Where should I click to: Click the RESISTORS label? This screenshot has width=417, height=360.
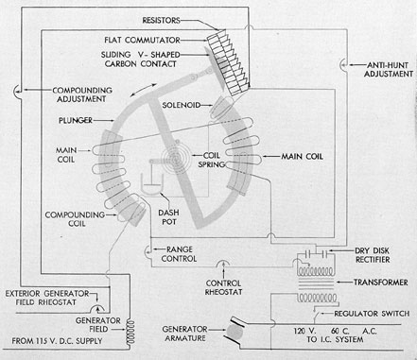[161, 21]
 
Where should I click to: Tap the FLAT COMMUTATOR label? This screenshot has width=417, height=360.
[142, 41]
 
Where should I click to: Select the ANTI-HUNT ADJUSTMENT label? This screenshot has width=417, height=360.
[389, 70]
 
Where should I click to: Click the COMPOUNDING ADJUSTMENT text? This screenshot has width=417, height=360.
[82, 94]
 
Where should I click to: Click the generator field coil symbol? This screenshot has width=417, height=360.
[130, 333]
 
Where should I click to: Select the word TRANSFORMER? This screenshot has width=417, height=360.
[381, 283]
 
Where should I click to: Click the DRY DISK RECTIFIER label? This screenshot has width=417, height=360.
[373, 255]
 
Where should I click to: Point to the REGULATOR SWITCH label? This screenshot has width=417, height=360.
[372, 314]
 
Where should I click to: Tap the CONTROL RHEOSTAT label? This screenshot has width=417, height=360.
[223, 287]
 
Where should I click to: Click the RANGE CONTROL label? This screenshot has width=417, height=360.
[179, 254]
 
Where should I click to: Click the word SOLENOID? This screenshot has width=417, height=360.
[182, 105]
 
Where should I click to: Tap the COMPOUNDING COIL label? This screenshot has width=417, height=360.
[75, 219]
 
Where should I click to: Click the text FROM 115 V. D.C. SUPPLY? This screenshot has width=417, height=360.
[57, 341]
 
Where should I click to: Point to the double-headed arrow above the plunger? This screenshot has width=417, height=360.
[143, 90]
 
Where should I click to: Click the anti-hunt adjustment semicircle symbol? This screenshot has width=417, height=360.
[342, 65]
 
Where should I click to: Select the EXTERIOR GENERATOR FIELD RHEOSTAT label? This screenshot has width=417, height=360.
[47, 298]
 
